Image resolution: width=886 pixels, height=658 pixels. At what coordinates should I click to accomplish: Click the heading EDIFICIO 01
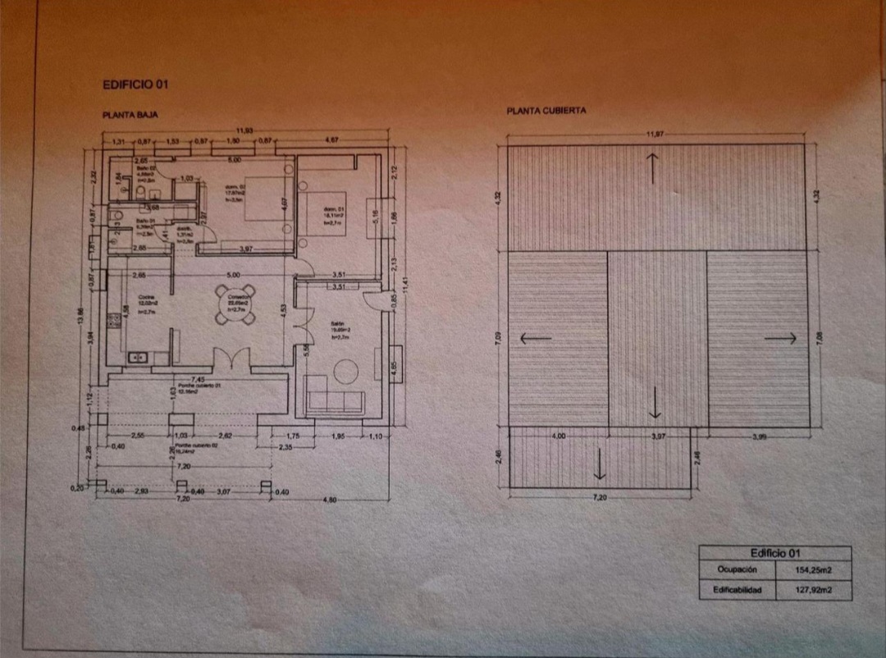[136, 84]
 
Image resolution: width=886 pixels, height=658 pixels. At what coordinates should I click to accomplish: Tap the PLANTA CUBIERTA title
[546, 111]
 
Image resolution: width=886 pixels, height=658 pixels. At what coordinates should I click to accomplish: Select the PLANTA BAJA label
[124, 117]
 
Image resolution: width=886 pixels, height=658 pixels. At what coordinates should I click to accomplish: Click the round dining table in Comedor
[236, 304]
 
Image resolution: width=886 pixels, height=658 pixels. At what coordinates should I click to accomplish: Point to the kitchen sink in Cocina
[138, 357]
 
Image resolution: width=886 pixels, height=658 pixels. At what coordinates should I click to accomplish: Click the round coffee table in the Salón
[345, 371]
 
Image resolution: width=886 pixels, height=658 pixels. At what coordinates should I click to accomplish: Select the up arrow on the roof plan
[653, 168]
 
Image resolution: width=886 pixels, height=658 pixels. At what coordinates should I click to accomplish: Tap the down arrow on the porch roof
[600, 464]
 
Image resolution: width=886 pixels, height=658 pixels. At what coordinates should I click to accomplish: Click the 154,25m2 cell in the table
[813, 569]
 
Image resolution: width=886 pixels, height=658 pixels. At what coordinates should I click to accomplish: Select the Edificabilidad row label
[736, 590]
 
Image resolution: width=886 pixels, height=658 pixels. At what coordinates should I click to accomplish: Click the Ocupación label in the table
[736, 569]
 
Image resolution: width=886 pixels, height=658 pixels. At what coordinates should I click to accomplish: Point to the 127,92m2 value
[813, 590]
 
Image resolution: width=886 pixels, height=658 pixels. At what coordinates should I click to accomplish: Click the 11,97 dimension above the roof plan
[654, 134]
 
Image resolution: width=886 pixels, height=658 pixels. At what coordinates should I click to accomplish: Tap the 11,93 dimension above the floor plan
[245, 130]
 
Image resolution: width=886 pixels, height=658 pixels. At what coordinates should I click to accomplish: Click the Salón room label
[336, 325]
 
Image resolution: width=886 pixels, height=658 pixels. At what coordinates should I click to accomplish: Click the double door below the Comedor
[231, 359]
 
